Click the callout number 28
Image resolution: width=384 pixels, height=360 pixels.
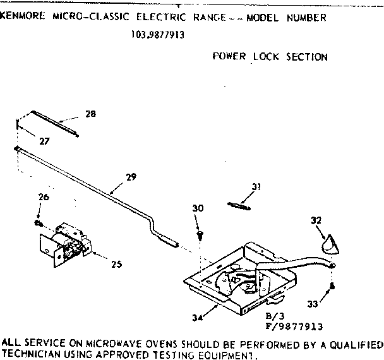point(90,114)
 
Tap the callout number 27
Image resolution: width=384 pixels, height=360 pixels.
point(44,141)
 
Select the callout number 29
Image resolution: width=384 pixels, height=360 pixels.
point(131,177)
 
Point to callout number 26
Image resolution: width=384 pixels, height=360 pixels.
point(43,198)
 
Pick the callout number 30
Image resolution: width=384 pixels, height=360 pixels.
point(198,208)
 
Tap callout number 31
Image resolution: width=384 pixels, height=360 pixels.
point(255,186)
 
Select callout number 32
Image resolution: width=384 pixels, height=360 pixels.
point(316,220)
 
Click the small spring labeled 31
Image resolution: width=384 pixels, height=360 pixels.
point(239,203)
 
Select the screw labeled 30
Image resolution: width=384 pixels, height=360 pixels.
point(200,234)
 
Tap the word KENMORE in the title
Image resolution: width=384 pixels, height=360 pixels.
point(23,18)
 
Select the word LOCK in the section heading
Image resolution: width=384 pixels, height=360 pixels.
point(268,57)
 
